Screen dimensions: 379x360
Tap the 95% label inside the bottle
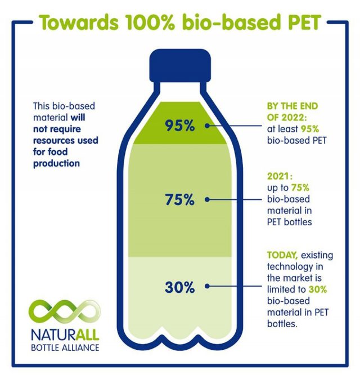(179, 126)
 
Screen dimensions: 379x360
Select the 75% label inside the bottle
(179, 199)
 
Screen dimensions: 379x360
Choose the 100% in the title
(150, 23)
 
